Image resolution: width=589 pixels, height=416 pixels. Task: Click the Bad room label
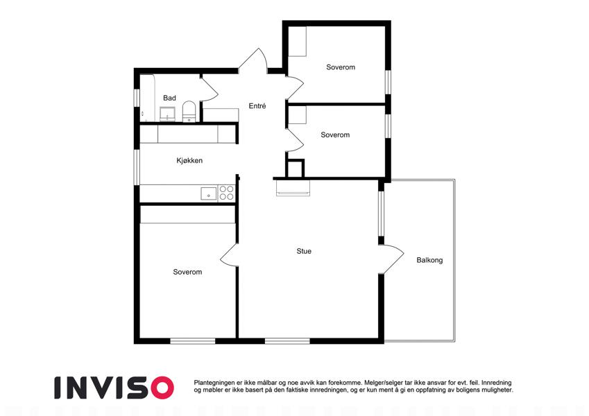[x=169, y=98]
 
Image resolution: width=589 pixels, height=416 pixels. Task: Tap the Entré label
[x=257, y=106]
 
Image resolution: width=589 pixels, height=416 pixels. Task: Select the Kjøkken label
[x=189, y=161]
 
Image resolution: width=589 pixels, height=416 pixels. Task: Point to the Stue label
[x=304, y=251]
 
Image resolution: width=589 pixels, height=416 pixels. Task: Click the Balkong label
[x=429, y=260]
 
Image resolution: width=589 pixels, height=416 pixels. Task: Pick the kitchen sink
[x=209, y=193]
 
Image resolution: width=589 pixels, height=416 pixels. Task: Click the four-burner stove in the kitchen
[x=226, y=193]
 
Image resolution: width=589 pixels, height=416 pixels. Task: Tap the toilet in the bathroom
[x=189, y=112]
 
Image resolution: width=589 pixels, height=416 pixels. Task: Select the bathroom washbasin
[x=167, y=114]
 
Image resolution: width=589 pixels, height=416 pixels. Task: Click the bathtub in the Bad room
[x=147, y=98]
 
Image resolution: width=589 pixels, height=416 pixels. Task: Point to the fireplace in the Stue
[x=293, y=188]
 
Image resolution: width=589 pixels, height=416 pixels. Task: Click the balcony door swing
[x=393, y=259]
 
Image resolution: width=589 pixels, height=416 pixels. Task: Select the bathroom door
[x=210, y=89]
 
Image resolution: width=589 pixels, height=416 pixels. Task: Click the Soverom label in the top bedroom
[x=341, y=67]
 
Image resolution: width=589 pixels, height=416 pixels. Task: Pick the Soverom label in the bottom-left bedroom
[x=187, y=272]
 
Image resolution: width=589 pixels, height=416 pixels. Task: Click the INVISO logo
[x=114, y=388]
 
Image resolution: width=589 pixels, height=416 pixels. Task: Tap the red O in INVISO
[x=162, y=388]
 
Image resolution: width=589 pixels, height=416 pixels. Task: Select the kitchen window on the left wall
[x=137, y=167]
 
